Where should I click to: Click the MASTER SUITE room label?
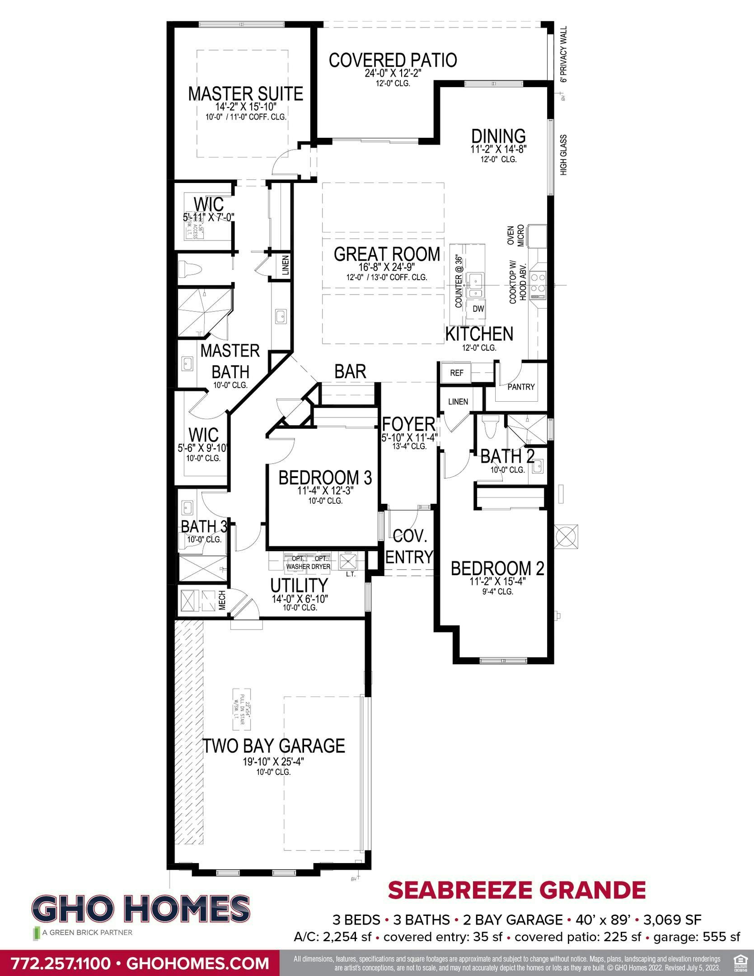(245, 94)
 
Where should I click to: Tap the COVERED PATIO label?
(393, 60)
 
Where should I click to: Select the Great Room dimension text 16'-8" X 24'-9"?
(387, 267)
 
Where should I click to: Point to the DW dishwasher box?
(478, 309)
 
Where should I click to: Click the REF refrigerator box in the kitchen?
(456, 373)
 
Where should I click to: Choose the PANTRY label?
(520, 387)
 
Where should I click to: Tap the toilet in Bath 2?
(489, 427)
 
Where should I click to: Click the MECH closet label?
(222, 601)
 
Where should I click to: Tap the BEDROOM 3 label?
(325, 478)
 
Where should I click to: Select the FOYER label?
(408, 424)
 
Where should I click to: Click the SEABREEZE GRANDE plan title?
(517, 890)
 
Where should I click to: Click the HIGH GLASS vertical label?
(563, 155)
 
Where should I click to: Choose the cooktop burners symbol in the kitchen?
(538, 282)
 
